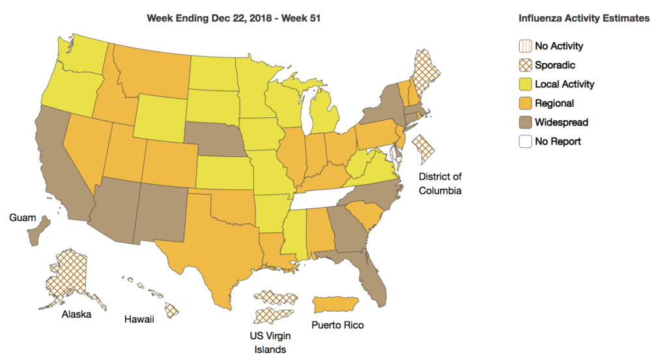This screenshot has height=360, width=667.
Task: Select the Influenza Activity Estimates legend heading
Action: [584, 18]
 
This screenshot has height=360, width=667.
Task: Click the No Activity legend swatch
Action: [526, 46]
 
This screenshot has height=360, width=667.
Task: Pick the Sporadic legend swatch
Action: [526, 65]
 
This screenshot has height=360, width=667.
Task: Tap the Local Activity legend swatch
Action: [526, 84]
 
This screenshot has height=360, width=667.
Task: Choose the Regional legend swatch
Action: [526, 103]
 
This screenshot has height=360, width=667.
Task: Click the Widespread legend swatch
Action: [526, 122]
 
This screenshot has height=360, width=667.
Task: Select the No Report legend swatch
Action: [526, 141]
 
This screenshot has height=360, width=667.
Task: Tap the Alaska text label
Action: [76, 314]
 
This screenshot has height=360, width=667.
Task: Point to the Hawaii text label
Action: [139, 319]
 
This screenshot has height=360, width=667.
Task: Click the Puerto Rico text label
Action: [337, 324]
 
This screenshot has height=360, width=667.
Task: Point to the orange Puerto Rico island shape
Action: [337, 304]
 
